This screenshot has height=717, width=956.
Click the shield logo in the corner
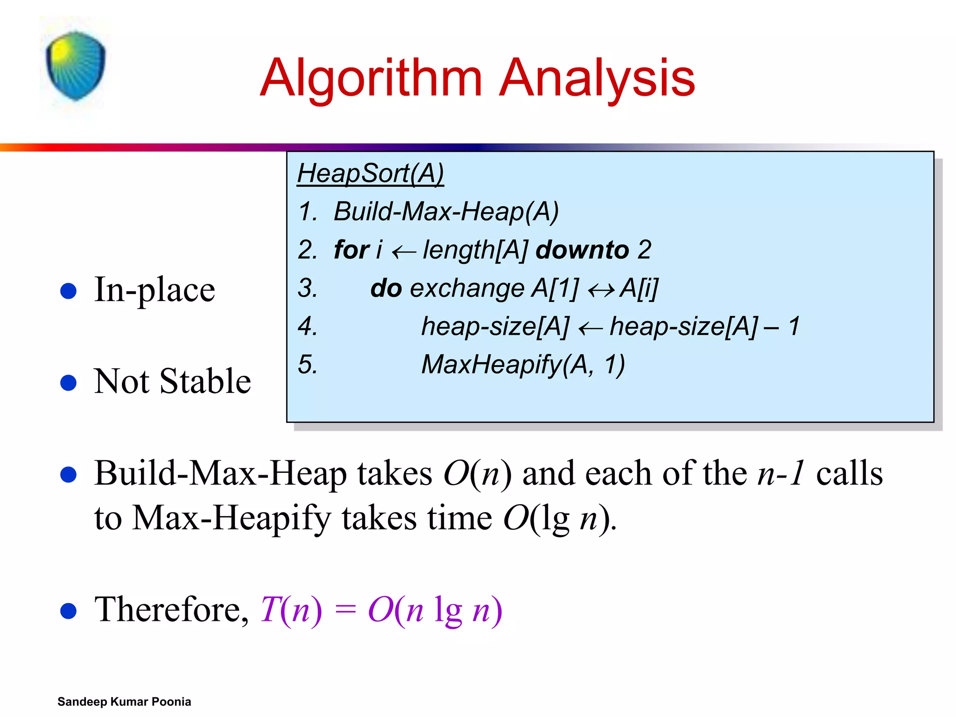pyautogui.click(x=76, y=65)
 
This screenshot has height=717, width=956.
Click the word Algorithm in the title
pyautogui.click(x=371, y=78)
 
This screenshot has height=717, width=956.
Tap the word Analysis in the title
pyautogui.click(x=597, y=78)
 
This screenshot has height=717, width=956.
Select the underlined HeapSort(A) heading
pyautogui.click(x=371, y=174)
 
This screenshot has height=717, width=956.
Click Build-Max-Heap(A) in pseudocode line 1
pyautogui.click(x=446, y=211)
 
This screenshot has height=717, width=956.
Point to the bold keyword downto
pyautogui.click(x=583, y=250)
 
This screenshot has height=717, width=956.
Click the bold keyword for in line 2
pyautogui.click(x=351, y=250)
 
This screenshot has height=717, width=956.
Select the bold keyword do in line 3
pyautogui.click(x=386, y=288)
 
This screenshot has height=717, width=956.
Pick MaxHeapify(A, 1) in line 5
pyautogui.click(x=523, y=365)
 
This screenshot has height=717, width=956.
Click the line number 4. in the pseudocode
pyautogui.click(x=308, y=326)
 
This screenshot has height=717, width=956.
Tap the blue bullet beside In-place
pyautogui.click(x=69, y=291)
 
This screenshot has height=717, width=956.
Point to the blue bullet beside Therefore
pyautogui.click(x=69, y=611)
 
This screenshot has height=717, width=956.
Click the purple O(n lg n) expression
pyautogui.click(x=435, y=610)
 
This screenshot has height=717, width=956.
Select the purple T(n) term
pyautogui.click(x=291, y=610)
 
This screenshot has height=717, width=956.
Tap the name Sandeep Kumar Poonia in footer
pyautogui.click(x=124, y=702)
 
